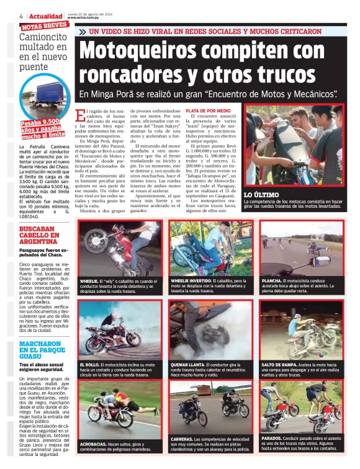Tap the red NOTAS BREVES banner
pyautogui.click(x=44, y=26)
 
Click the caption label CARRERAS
pyautogui.click(x=184, y=439)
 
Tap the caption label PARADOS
pyautogui.click(x=273, y=438)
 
